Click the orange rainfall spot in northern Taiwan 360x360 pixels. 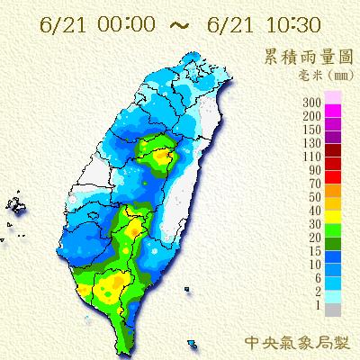pyautogui.click(x=163, y=157)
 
